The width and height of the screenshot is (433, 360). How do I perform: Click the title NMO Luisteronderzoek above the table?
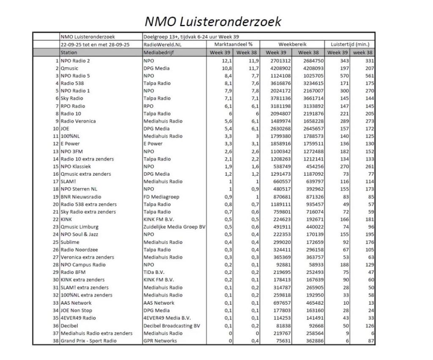[x=213, y=21]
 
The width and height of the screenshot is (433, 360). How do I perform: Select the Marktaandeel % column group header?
[x=233, y=44]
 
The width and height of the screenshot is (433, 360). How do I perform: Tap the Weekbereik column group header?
[x=292, y=44]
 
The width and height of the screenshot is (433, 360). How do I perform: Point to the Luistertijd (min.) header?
[x=350, y=44]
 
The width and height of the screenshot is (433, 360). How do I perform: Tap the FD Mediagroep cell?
[x=161, y=197]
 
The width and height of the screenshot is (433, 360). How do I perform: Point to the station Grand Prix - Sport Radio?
[x=88, y=341]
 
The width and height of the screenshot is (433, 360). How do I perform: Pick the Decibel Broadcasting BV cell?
[x=171, y=326]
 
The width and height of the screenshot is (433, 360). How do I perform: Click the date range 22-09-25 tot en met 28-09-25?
[x=95, y=44]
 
